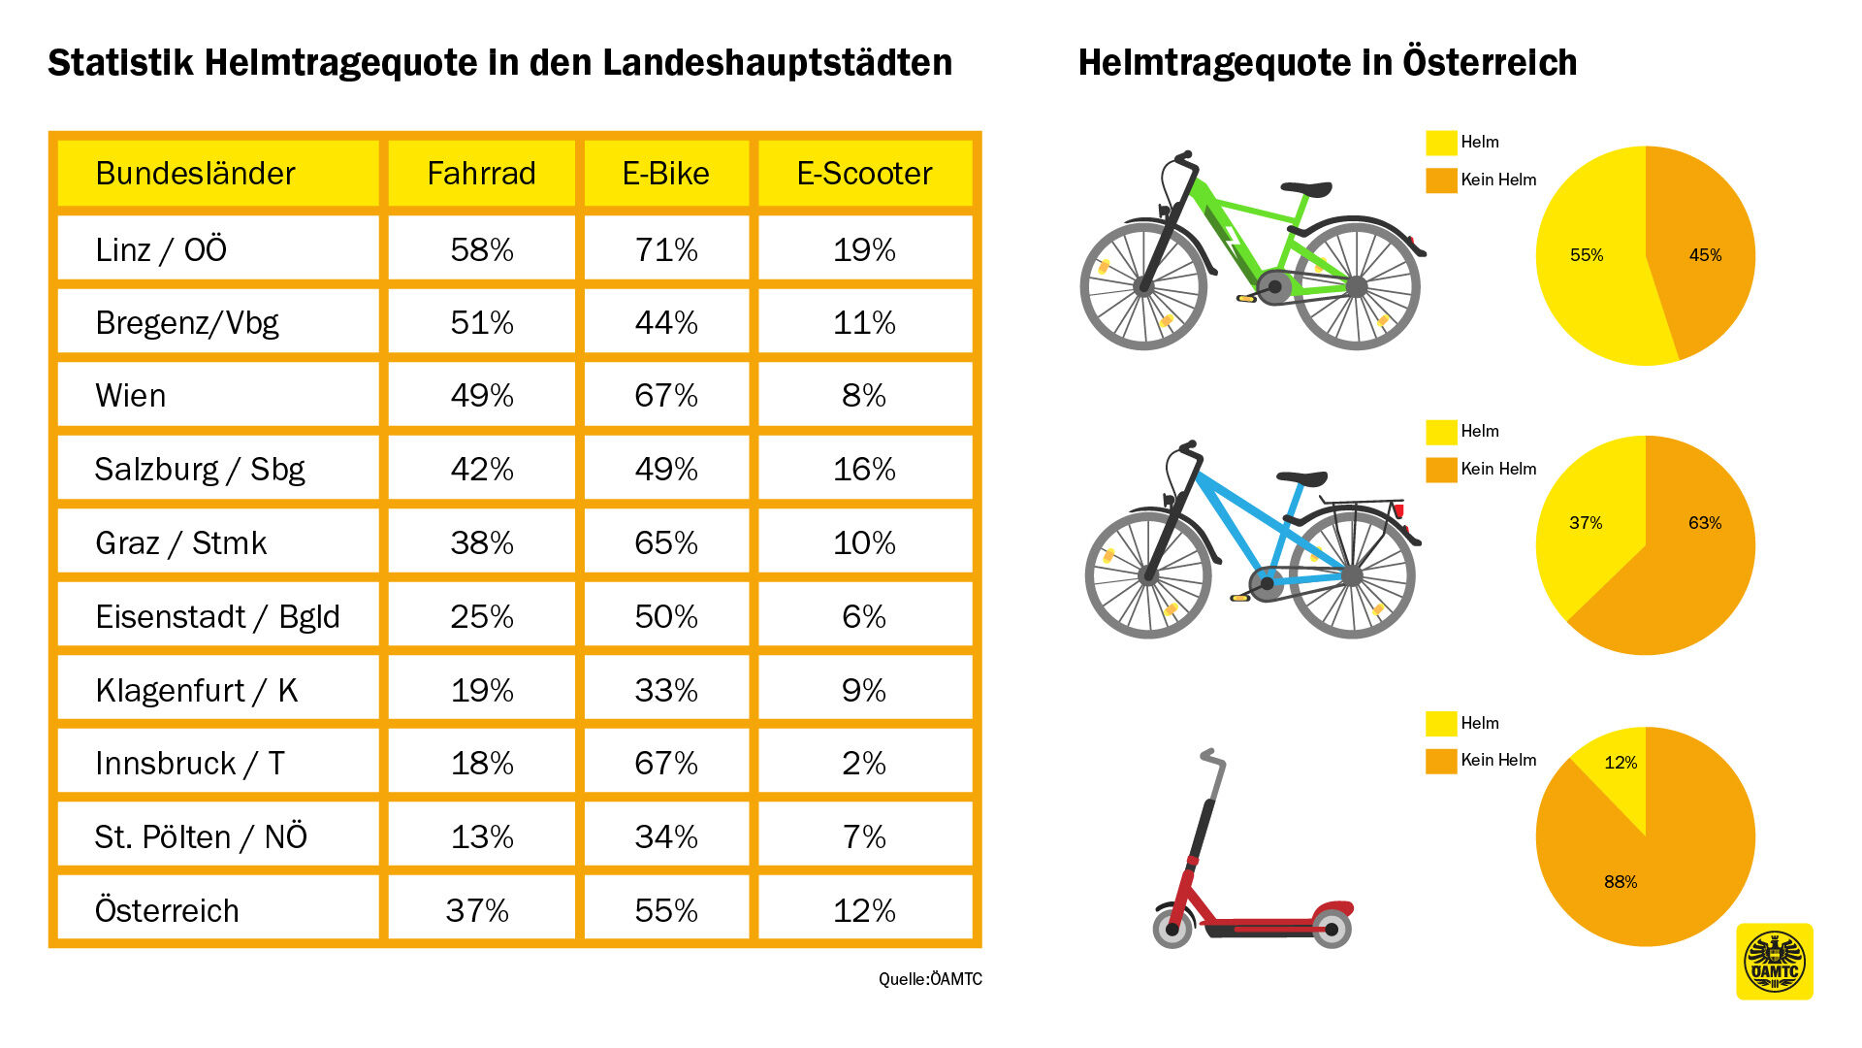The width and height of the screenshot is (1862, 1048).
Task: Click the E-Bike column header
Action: click(666, 174)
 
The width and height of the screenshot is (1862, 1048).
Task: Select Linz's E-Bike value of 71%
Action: click(666, 249)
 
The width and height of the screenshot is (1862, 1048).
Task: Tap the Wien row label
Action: click(131, 396)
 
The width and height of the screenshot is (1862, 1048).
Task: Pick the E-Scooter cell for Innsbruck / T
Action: click(863, 764)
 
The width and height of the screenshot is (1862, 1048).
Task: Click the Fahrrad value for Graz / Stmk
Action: click(481, 542)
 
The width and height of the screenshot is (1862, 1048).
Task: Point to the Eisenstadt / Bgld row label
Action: click(217, 616)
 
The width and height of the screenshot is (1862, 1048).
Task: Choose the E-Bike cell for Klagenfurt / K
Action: click(666, 690)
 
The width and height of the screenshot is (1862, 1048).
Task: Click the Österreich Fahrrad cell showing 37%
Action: click(477, 910)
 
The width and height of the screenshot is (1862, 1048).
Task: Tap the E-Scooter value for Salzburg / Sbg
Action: click(863, 470)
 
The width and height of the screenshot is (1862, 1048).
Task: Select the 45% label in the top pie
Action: click(1705, 255)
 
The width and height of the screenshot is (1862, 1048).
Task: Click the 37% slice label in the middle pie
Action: click(1586, 523)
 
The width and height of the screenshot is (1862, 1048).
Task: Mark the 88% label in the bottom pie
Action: click(1621, 882)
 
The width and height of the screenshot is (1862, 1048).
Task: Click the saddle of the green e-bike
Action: click(1305, 188)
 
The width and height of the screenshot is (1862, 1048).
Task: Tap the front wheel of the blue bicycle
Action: click(1148, 575)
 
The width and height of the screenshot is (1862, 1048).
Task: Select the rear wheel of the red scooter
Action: click(1332, 929)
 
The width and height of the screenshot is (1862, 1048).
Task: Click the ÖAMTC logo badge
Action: click(1774, 962)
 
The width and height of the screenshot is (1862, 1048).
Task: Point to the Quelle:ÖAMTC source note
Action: click(930, 979)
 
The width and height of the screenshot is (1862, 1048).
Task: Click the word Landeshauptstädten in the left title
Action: click(777, 63)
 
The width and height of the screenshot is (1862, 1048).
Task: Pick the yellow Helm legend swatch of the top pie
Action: click(1441, 143)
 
